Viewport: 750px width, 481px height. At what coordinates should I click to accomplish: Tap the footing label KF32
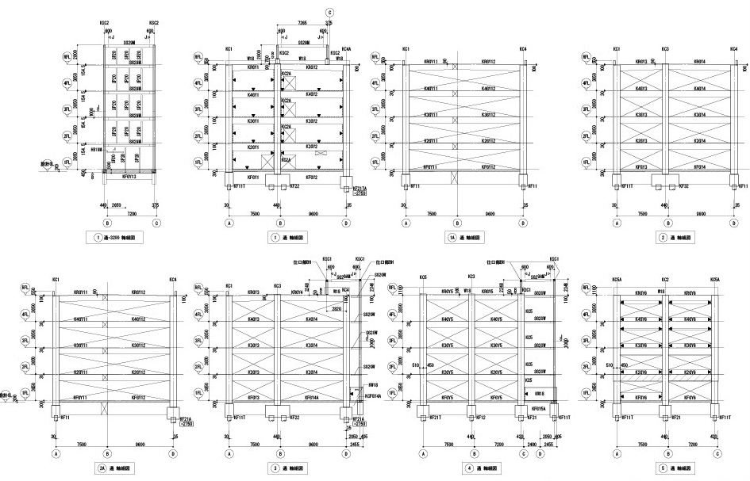pos(682,186)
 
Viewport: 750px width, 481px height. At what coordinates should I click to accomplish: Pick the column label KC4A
pos(346,50)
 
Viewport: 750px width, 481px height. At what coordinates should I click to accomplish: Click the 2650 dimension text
pos(117,204)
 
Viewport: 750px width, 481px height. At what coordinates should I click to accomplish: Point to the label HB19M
pos(98,148)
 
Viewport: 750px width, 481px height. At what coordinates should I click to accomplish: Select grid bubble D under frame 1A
pos(523,223)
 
